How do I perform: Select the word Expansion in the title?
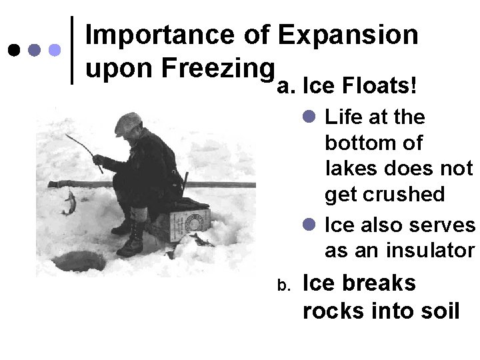coord(349,35)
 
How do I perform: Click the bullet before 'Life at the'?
coord(309,117)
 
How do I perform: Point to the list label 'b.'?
coord(283,286)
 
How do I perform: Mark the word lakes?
coord(347,169)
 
